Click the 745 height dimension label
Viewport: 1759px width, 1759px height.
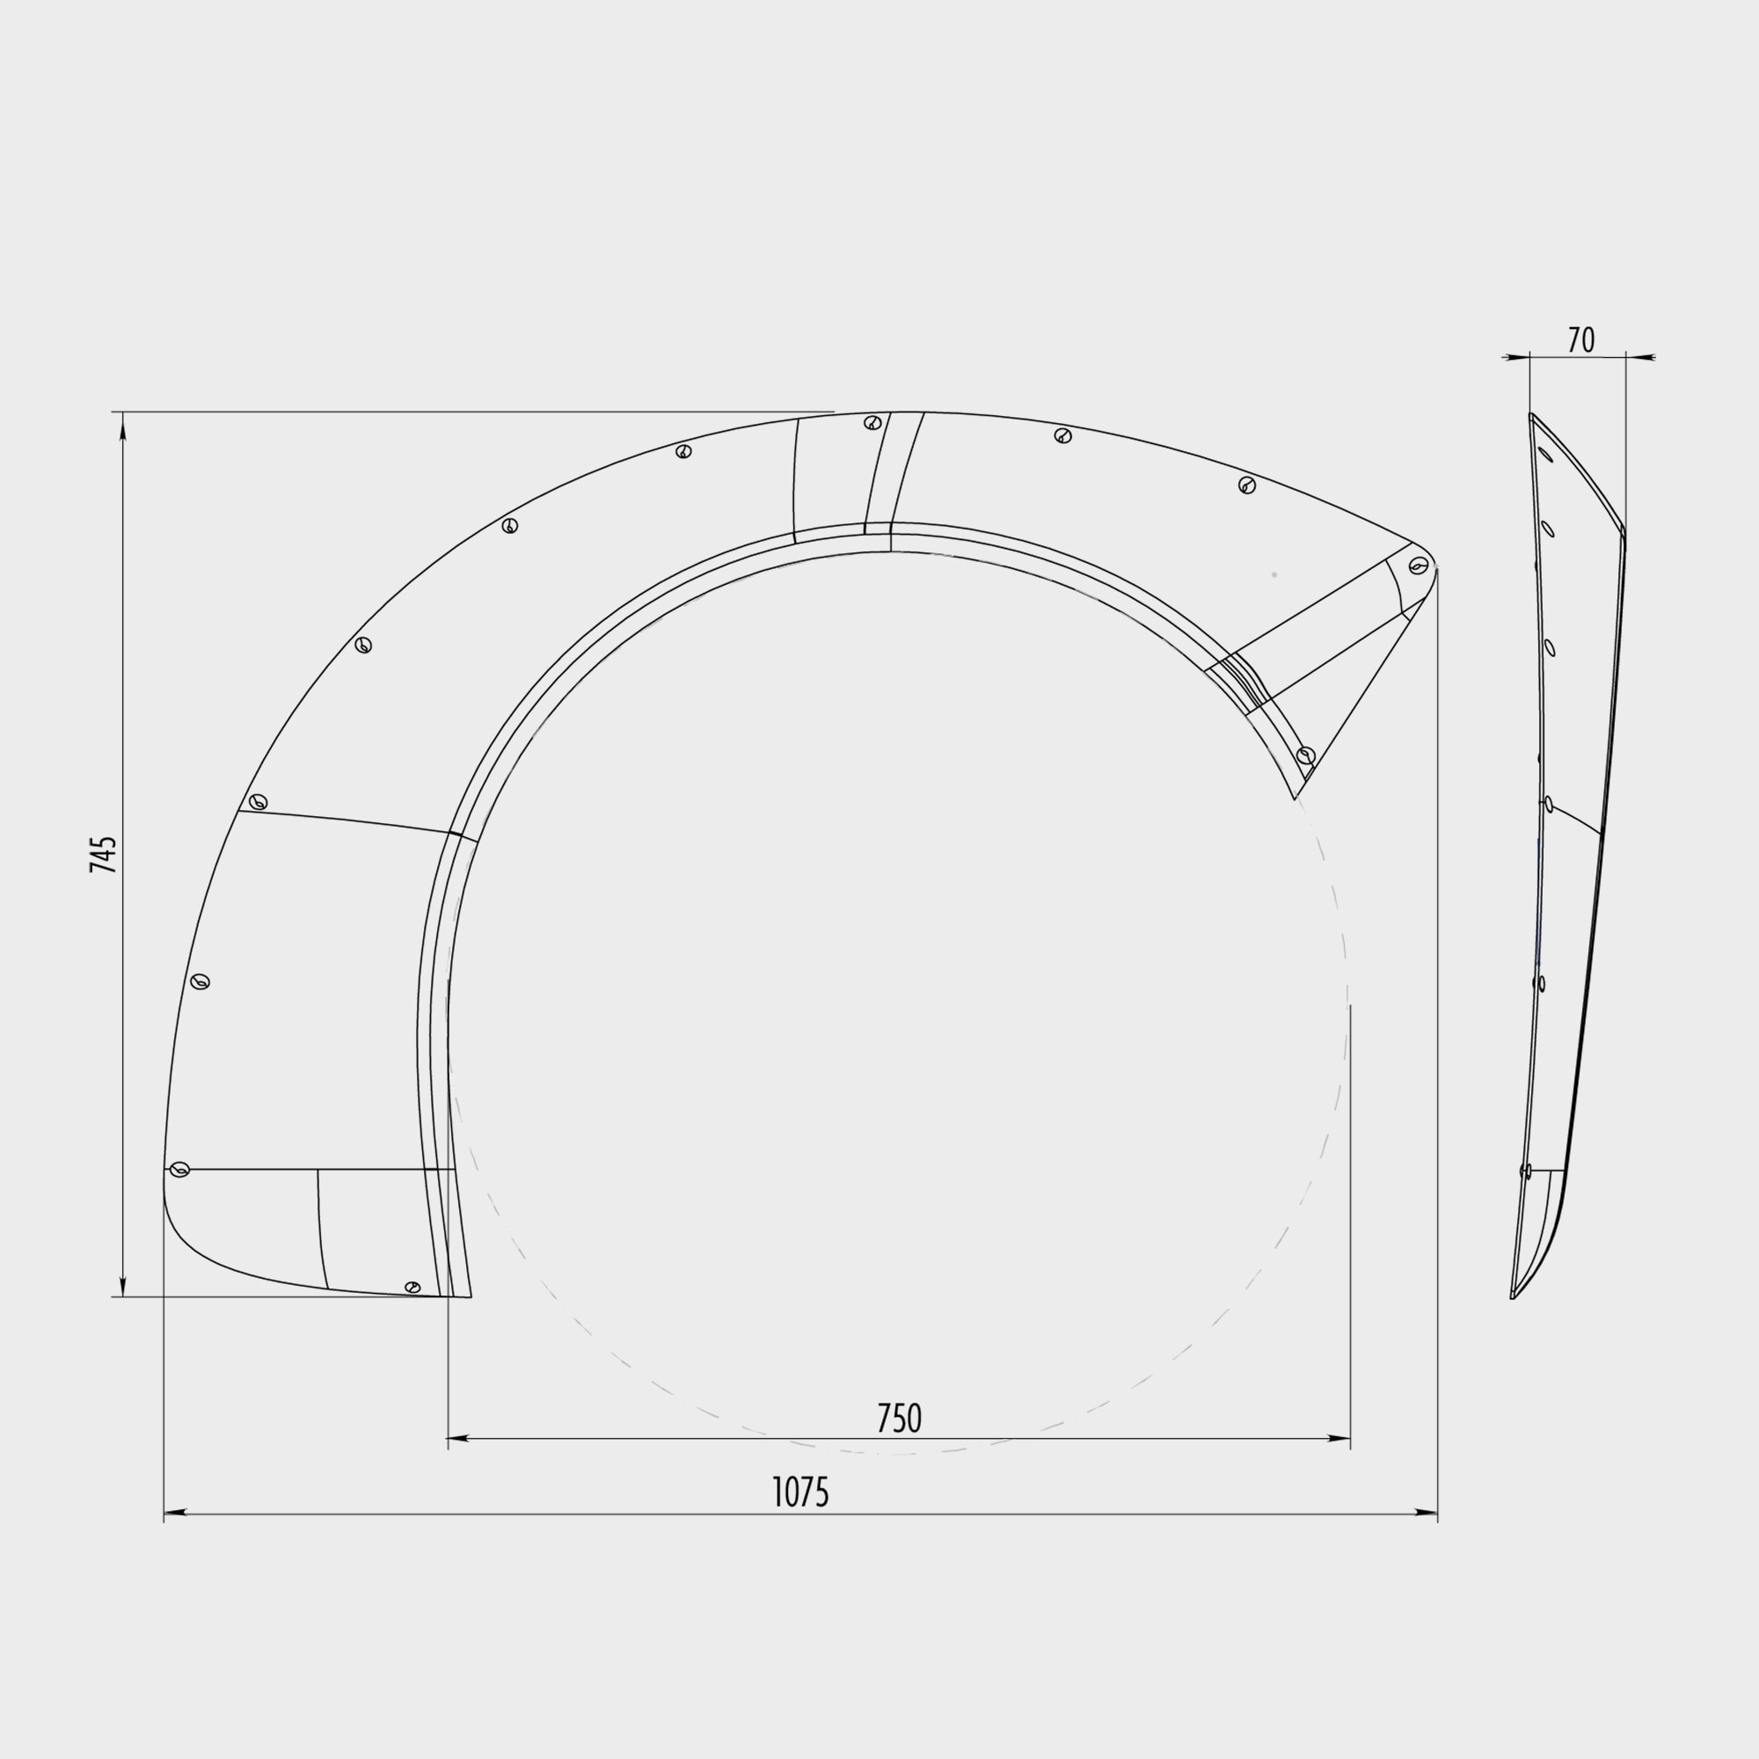104,854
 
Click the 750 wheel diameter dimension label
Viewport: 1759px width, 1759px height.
899,1419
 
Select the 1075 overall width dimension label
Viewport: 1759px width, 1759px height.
800,1493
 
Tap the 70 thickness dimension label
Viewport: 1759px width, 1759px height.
1581,340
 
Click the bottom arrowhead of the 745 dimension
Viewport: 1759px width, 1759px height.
123,1283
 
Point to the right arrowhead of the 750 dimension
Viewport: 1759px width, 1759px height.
1339,1439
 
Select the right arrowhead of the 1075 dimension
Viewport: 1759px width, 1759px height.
1426,1512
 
